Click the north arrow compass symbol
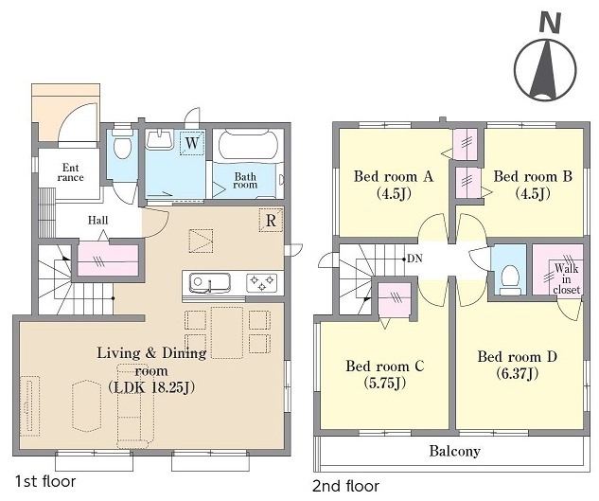point(545,69)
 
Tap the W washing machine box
point(192,143)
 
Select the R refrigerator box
point(271,221)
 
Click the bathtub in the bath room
point(248,147)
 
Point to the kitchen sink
point(210,283)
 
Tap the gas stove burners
point(262,283)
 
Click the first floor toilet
point(122,146)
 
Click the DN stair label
point(414,259)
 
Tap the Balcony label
point(454,452)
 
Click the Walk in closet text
point(567,278)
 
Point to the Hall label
point(98,221)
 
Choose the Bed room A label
point(394,177)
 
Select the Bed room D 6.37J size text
point(518,374)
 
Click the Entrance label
point(71,172)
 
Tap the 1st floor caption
point(45,481)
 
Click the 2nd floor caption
point(346,487)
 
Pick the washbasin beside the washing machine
point(161,139)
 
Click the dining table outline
point(227,332)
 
